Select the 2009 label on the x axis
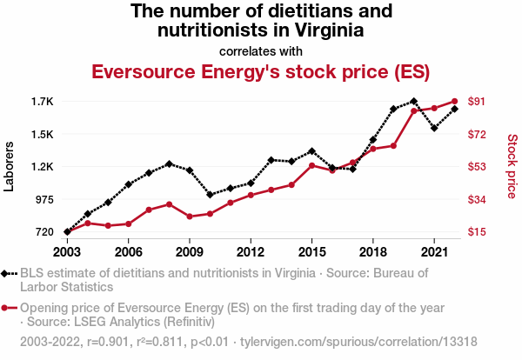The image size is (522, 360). point(190,252)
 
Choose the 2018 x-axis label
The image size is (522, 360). point(372,252)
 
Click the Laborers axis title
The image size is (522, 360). point(10,166)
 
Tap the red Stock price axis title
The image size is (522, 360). point(512,166)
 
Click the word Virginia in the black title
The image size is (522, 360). point(322,31)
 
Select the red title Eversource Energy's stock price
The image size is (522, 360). point(261,71)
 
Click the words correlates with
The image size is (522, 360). point(261,50)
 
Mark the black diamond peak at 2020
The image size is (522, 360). point(413,102)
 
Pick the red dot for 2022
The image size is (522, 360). point(455,101)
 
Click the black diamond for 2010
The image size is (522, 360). point(210,195)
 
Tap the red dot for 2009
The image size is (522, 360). point(190,216)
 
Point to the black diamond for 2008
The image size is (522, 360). point(169,164)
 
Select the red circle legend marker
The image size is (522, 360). point(8,308)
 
